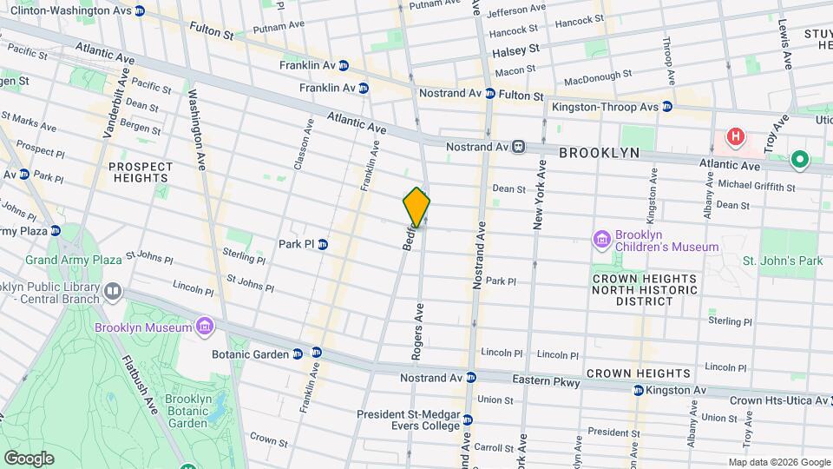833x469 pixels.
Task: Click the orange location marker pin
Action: (x=416, y=207)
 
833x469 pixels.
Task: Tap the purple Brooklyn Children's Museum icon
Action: (x=601, y=239)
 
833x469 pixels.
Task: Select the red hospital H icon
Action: (x=736, y=137)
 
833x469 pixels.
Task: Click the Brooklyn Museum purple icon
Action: (x=205, y=327)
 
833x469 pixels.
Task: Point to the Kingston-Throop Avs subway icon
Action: (x=666, y=107)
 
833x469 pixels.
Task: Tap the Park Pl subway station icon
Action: (x=322, y=244)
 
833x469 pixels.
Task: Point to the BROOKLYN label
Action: (x=599, y=153)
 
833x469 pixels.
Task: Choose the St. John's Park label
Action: (x=782, y=261)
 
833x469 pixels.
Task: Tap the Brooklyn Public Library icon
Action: (x=112, y=291)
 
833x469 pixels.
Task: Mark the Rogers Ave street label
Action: (x=416, y=332)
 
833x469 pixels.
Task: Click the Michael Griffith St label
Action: (x=752, y=184)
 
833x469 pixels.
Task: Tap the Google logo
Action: (x=29, y=458)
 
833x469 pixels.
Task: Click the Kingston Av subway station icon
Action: (x=639, y=391)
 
